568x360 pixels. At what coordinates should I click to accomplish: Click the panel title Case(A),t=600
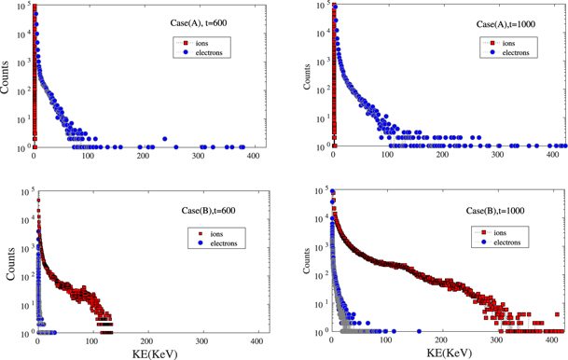(x=219, y=21)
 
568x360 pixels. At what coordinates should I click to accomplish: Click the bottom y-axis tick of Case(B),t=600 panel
(x=22, y=332)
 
